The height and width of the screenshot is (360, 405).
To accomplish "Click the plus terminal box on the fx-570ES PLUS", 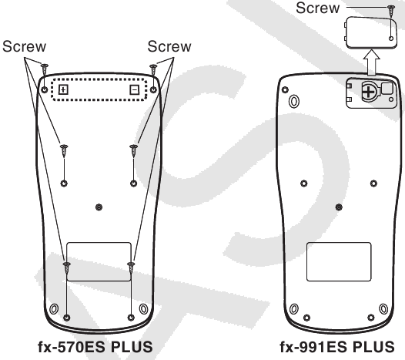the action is [x=63, y=89].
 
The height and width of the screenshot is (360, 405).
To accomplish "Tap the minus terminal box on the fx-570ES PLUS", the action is [x=134, y=89].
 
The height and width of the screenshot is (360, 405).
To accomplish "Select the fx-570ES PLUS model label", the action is [x=95, y=347].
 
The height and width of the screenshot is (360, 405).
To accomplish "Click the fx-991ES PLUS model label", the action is [x=337, y=347].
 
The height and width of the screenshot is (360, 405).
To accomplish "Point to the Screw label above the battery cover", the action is [x=318, y=8].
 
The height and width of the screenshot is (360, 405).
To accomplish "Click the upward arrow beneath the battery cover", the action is [x=371, y=62].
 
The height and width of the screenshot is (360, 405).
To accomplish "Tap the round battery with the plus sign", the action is [x=369, y=92].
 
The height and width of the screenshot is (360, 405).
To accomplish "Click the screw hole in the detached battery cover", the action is [x=391, y=39].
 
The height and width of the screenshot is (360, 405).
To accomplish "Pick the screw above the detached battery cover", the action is [x=392, y=11].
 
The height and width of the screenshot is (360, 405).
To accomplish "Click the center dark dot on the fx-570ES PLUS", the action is [x=99, y=207].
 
